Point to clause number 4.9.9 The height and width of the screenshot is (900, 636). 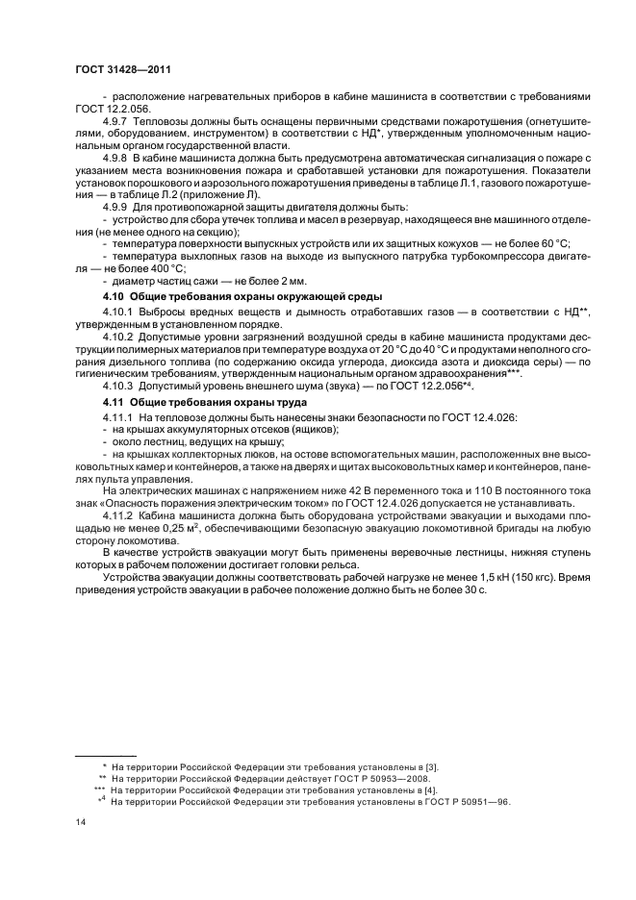[x=118, y=208]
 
